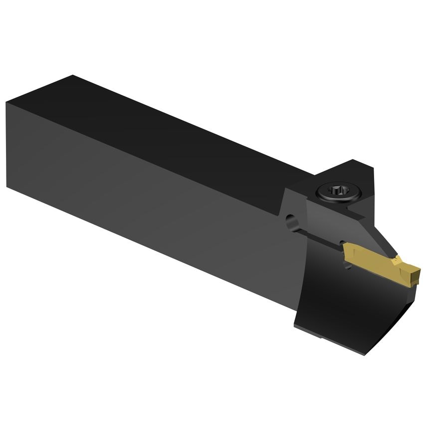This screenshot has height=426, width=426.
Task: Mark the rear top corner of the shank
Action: click(x=74, y=76)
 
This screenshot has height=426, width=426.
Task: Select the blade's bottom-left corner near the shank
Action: click(x=295, y=324)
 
